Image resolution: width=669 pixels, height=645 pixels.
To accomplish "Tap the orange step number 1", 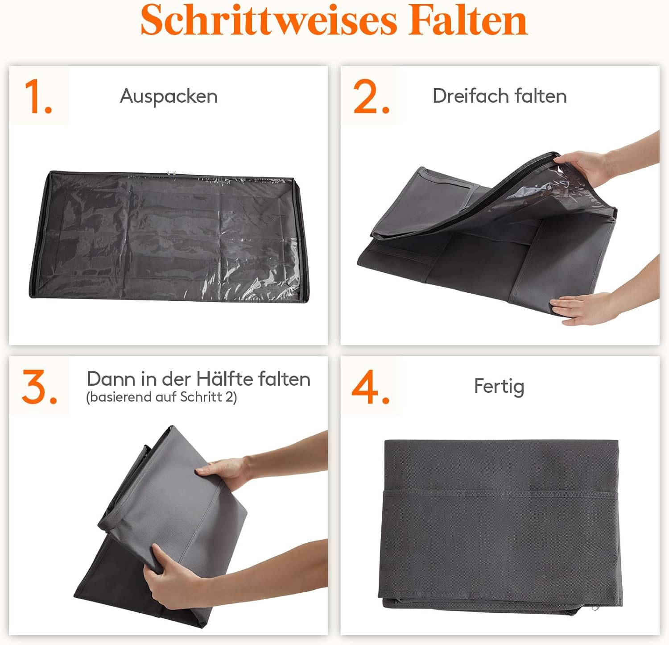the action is click(x=38, y=96).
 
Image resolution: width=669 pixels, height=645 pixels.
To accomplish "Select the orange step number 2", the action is click(x=371, y=96).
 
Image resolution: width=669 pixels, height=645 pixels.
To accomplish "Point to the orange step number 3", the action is click(x=40, y=387).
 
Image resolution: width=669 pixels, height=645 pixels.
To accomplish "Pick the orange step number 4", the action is click(x=371, y=387).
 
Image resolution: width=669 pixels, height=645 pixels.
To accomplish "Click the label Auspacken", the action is click(x=169, y=96).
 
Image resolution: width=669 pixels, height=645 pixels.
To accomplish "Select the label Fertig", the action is click(x=499, y=387).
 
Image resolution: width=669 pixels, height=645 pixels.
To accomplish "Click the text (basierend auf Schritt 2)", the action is click(x=161, y=397).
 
